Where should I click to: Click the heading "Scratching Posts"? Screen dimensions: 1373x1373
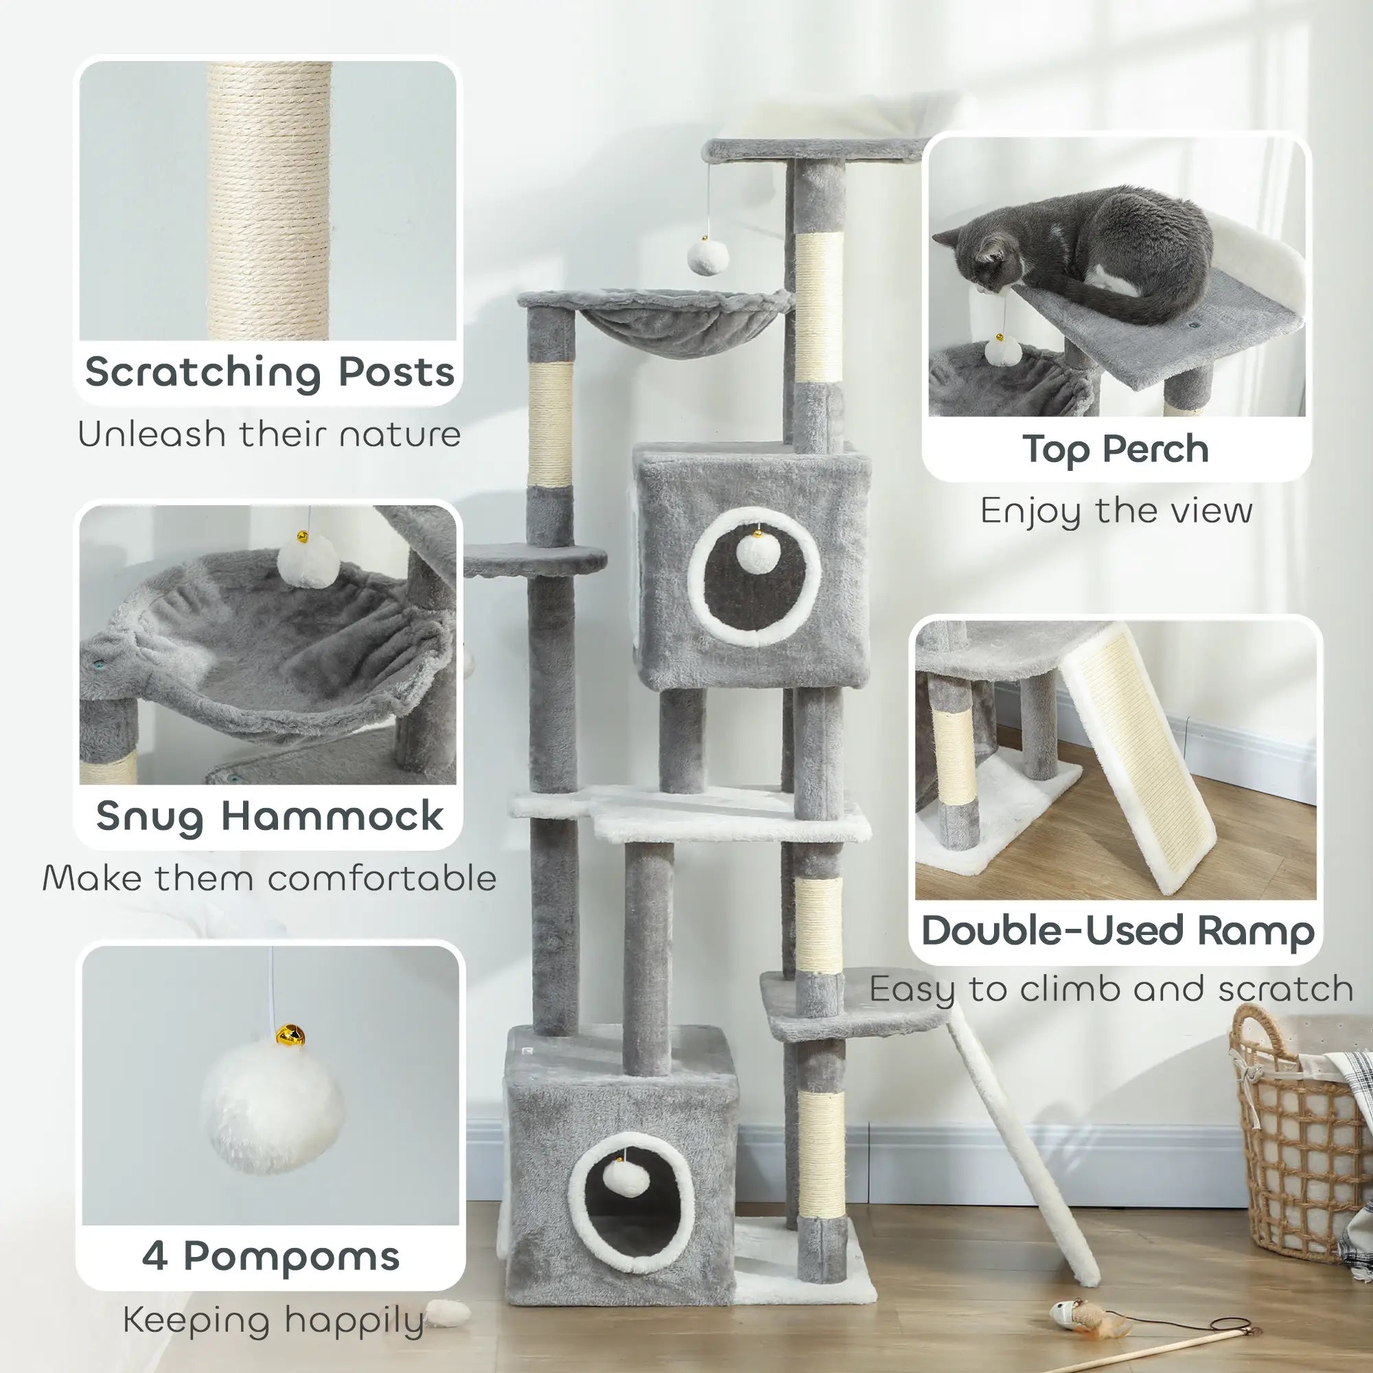click(x=269, y=372)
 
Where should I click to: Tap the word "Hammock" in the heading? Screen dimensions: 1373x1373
click(x=332, y=816)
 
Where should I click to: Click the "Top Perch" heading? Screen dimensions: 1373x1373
click(x=1116, y=449)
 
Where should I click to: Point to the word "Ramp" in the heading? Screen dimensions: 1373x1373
click(x=1256, y=931)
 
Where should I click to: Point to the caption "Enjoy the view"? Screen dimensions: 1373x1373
click(x=1116, y=511)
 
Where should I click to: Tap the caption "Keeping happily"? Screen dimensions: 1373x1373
click(x=274, y=1320)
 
